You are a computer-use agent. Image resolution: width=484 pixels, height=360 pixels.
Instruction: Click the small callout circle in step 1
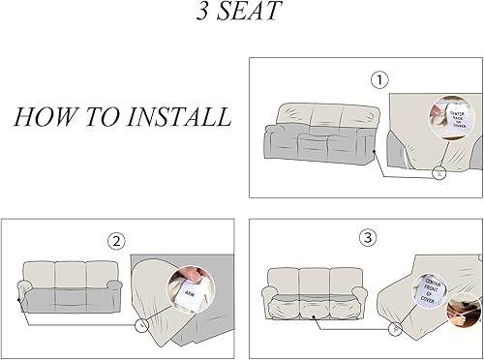click(412, 174)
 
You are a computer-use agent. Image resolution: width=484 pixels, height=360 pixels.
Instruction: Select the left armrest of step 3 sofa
click(271, 294)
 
